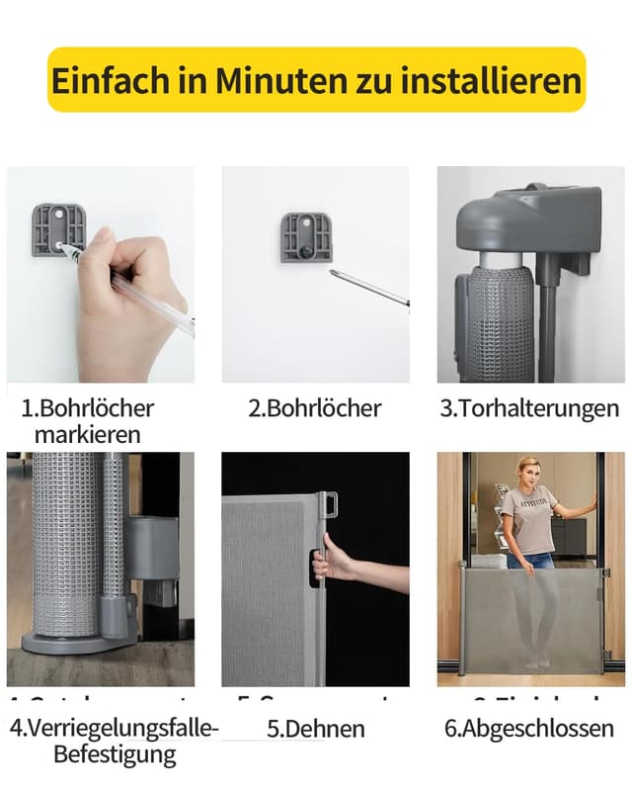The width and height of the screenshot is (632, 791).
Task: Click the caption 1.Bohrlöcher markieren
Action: tap(88, 420)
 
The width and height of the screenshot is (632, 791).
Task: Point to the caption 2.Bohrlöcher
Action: tap(314, 407)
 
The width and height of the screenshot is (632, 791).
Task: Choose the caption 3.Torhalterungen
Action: tap(529, 407)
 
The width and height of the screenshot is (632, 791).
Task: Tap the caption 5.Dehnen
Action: tap(316, 730)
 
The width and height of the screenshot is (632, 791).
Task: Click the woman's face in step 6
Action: tap(527, 472)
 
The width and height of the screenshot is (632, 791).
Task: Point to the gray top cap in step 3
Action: tap(533, 222)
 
